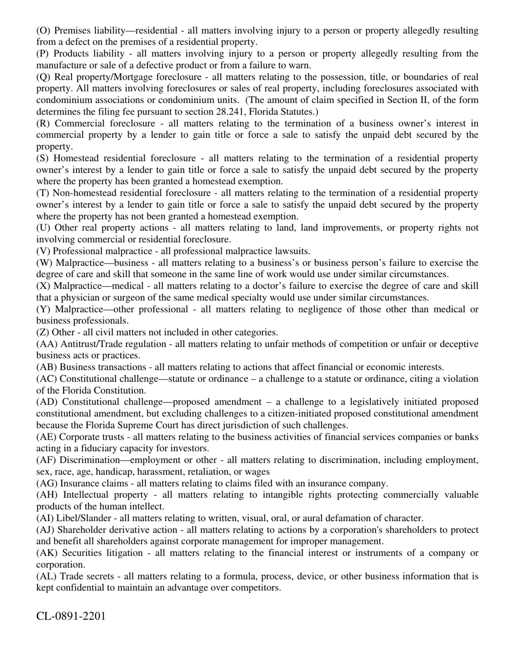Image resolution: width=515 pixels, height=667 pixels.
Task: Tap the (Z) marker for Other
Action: [43, 332]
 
